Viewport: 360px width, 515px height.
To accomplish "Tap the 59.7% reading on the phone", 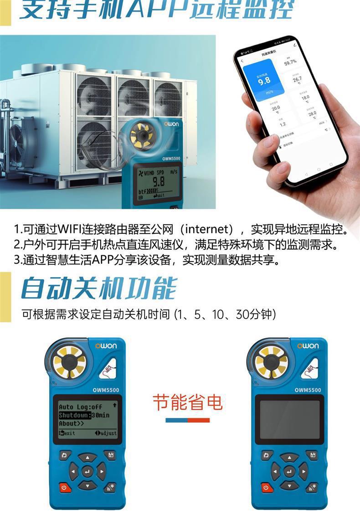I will pyautogui.click(x=290, y=62).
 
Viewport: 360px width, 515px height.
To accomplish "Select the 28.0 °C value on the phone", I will pyautogui.click(x=311, y=114).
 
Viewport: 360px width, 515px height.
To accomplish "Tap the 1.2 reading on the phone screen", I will pyautogui.click(x=283, y=124).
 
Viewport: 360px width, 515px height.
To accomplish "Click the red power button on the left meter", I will pyautogui.click(x=63, y=487).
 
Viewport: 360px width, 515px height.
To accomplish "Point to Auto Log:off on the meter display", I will pyautogui.click(x=80, y=407).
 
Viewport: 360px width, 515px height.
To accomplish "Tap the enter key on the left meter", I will pyautogui.click(x=87, y=472).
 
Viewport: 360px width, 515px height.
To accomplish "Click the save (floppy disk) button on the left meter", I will pyautogui.click(x=109, y=455).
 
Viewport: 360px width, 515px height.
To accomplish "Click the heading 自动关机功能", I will pyautogui.click(x=98, y=288).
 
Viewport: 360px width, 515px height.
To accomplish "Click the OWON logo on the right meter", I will pyautogui.click(x=309, y=346).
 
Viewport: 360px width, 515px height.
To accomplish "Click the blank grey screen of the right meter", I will pyautogui.click(x=289, y=419).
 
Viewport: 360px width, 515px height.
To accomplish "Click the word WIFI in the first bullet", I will pyautogui.click(x=68, y=228).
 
